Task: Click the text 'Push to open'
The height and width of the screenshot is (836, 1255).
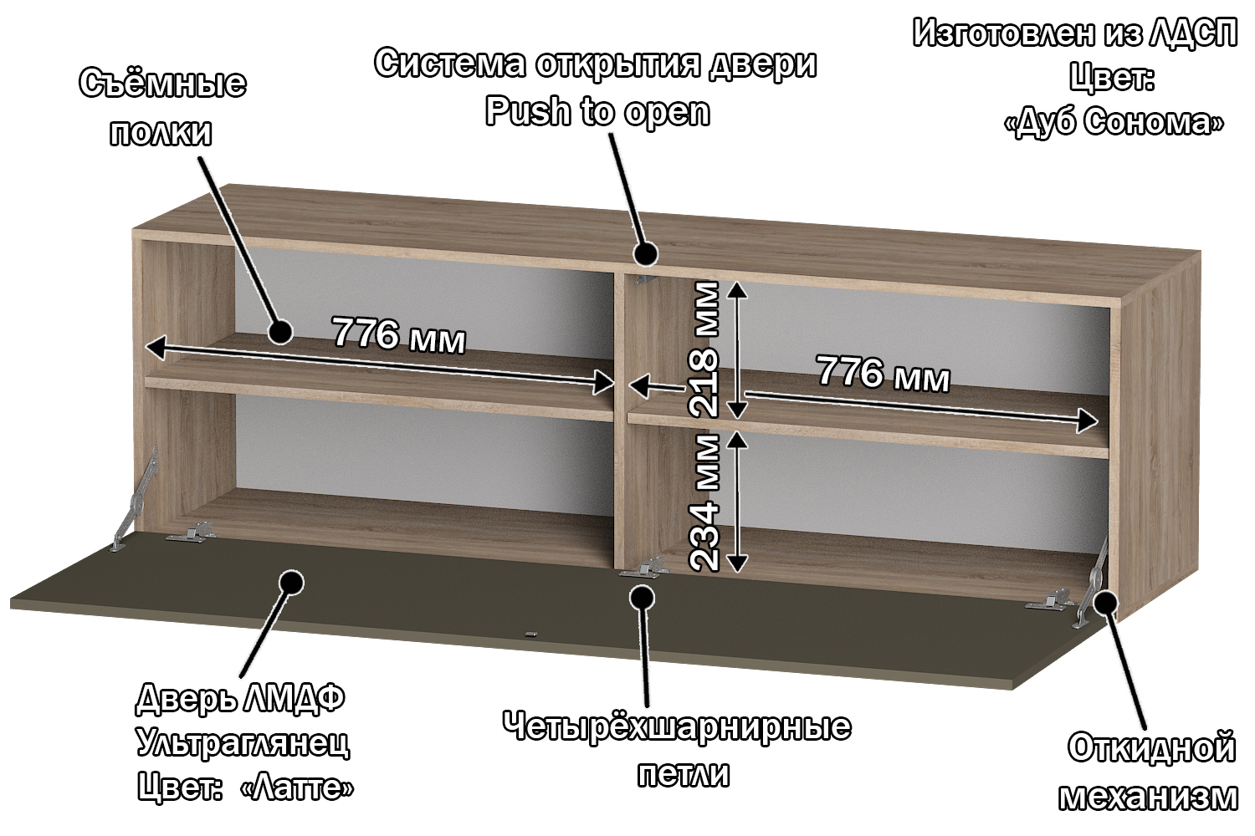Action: [x=597, y=110]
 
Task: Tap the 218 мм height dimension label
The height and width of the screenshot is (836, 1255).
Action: [x=704, y=349]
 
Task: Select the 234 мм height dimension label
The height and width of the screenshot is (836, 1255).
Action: [x=704, y=501]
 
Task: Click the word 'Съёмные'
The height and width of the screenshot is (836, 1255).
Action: [x=162, y=84]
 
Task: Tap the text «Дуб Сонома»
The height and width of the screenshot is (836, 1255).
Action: [x=1112, y=123]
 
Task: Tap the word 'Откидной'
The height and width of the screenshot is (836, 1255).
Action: [x=1151, y=747]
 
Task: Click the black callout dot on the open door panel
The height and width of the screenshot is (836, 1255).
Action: [x=290, y=583]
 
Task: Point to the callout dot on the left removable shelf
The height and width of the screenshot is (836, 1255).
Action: [x=279, y=331]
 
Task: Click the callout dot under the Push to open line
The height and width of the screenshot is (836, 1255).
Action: [x=644, y=252]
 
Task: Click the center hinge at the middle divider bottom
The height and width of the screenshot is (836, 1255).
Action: [x=643, y=569]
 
